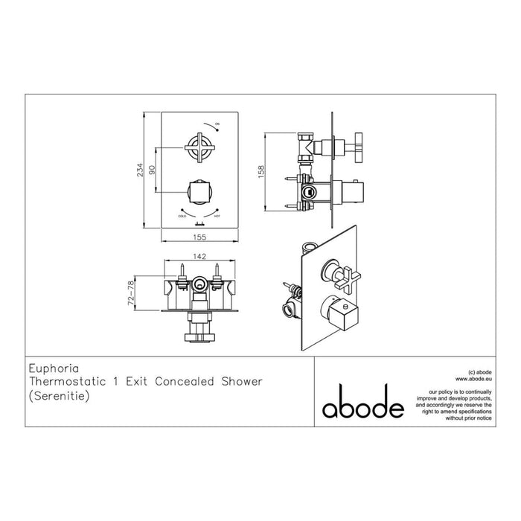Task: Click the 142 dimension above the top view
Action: [198, 255]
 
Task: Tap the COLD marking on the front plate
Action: [182, 215]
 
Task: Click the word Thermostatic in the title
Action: [71, 382]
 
